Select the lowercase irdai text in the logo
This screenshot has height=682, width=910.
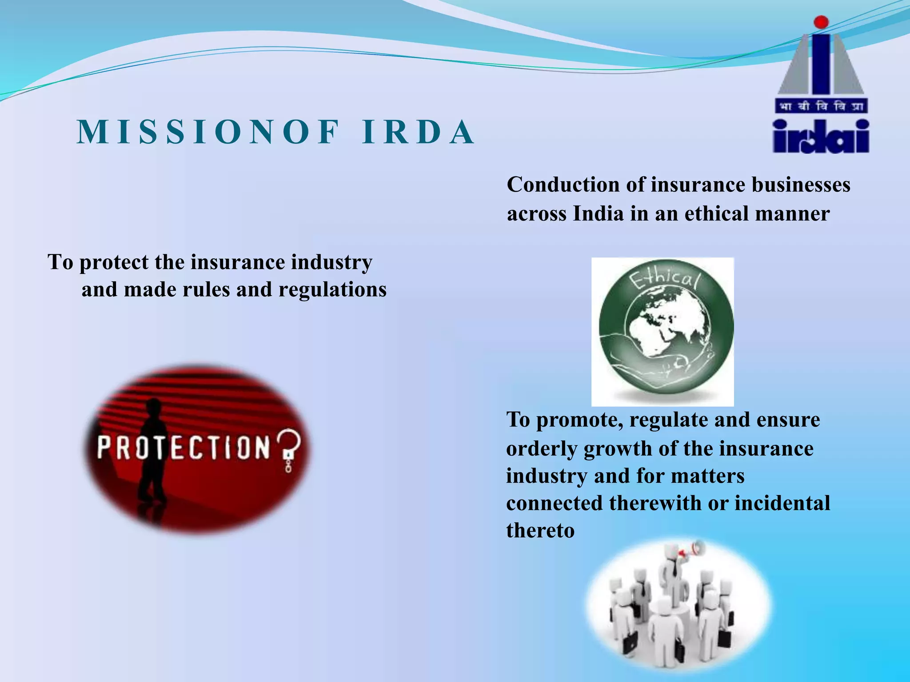pyautogui.click(x=821, y=137)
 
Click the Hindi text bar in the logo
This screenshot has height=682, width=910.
pyautogui.click(x=821, y=107)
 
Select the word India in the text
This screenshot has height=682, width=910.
pyautogui.click(x=599, y=214)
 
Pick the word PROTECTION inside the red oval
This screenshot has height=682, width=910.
pyautogui.click(x=184, y=447)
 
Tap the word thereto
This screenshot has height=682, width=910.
pyautogui.click(x=540, y=531)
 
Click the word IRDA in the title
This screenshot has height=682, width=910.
pyautogui.click(x=418, y=132)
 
